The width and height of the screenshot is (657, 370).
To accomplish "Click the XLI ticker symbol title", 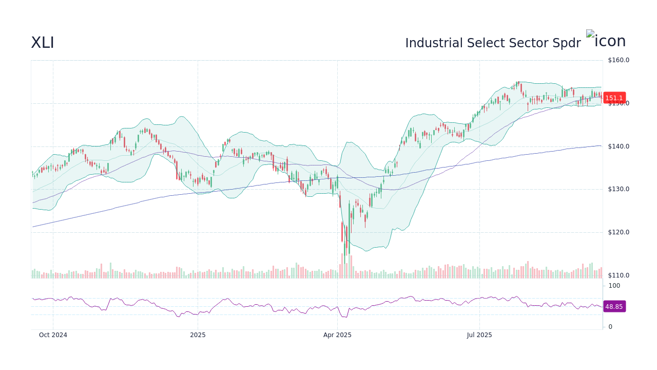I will coord(43,43).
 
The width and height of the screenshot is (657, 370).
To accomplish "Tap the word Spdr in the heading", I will coord(567,43).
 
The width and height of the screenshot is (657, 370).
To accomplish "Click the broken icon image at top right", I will coord(606,41).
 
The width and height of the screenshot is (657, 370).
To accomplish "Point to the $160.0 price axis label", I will coord(618,60).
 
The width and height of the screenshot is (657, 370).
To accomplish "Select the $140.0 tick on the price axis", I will coord(618,146).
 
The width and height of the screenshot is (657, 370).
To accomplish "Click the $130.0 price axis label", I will coord(618,189).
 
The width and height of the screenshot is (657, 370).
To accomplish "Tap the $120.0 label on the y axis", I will coord(618,232).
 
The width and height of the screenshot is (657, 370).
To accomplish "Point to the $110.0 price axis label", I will coord(618,275).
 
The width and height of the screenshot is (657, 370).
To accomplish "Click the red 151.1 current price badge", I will coord(614,98).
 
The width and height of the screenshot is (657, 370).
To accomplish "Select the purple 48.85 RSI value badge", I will coord(614,307).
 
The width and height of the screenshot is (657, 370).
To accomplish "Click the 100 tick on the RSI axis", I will coord(614,286).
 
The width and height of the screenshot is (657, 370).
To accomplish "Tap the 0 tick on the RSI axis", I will coord(610,327).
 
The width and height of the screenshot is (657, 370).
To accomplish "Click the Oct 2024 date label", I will coord(53,335).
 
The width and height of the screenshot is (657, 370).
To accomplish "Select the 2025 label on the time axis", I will coord(198,335).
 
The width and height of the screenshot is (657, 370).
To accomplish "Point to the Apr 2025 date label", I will coord(337,335).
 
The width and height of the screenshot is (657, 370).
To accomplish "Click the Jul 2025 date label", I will coord(479,335).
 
